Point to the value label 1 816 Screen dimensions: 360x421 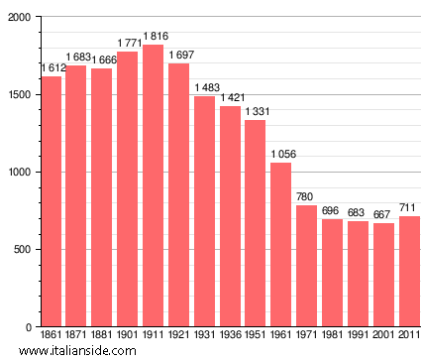click(x=155, y=37)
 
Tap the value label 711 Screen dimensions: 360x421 click(x=409, y=207)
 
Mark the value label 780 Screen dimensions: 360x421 click(x=306, y=196)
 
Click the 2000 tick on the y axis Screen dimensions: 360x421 click(x=19, y=18)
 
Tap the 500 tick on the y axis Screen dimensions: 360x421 click(x=22, y=250)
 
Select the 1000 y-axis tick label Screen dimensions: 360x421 click(x=19, y=173)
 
